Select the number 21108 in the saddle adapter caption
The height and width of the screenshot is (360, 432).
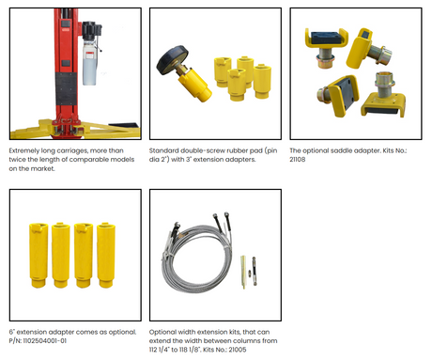pyautogui.click(x=298, y=160)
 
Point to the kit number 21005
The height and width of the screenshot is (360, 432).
pyautogui.click(x=237, y=350)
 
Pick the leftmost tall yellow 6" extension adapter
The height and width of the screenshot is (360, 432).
pyautogui.click(x=39, y=255)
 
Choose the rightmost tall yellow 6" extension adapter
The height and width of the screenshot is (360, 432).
pyautogui.click(x=106, y=255)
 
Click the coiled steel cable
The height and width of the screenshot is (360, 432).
pyautogui.click(x=196, y=253)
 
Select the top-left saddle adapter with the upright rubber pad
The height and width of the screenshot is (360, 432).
pyautogui.click(x=326, y=47)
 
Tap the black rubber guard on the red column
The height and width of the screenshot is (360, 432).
pyautogui.click(x=66, y=89)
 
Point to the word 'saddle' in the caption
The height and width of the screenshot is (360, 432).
pyautogui.click(x=340, y=150)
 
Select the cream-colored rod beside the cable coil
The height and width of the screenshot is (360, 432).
pyautogui.click(x=242, y=272)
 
